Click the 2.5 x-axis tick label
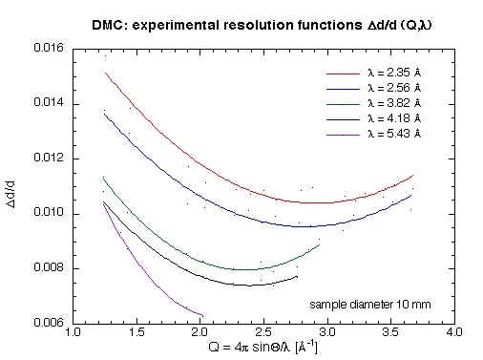(263, 333)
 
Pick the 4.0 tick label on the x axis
(454, 333)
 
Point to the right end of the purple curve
(202, 314)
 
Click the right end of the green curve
(320, 244)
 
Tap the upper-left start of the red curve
(105, 72)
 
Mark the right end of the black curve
(298, 276)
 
